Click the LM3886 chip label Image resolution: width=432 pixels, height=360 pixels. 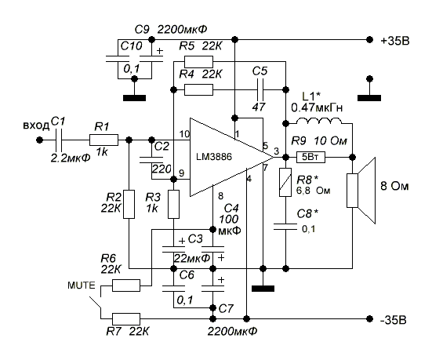tap(214, 157)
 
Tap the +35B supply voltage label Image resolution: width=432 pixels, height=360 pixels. tap(395, 41)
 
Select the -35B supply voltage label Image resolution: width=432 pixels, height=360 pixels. tap(393, 320)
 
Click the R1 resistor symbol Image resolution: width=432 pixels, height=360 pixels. tap(103, 140)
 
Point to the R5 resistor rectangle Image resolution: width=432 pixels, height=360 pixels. tap(198, 62)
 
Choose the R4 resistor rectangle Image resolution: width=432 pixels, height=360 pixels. tap(198, 89)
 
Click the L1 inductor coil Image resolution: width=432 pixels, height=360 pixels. tap(319, 121)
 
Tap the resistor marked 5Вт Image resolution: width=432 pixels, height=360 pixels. tap(310, 158)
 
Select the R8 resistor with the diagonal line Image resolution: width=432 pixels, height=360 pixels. tap(285, 182)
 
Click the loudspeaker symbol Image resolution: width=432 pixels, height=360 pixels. tap(361, 191)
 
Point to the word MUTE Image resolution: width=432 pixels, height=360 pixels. tap(82, 285)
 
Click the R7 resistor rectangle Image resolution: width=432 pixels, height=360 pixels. tap(126, 319)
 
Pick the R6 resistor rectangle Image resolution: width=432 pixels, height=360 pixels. tap(126, 285)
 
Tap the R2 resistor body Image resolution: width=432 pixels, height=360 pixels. tap(129, 204)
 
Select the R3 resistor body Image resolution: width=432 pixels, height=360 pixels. tap(173, 204)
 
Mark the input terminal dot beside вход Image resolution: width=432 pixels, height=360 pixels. tap(39, 140)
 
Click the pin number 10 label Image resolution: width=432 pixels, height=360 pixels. tap(184, 134)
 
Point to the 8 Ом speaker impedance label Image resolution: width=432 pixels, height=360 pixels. tap(394, 187)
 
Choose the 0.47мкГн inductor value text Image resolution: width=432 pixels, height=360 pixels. tap(317, 107)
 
